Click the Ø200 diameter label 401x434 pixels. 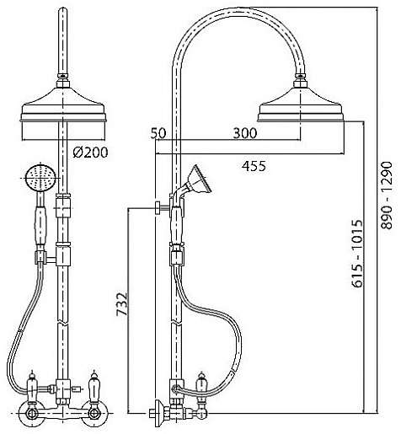[x=90, y=153]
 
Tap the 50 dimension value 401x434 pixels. [x=158, y=133]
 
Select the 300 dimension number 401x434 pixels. [x=245, y=133]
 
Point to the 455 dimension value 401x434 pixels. [x=254, y=166]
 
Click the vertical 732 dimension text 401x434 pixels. [x=122, y=304]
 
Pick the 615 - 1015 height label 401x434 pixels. [x=357, y=254]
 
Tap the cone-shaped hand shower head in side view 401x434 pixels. [x=200, y=179]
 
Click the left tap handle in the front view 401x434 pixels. [x=33, y=385]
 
